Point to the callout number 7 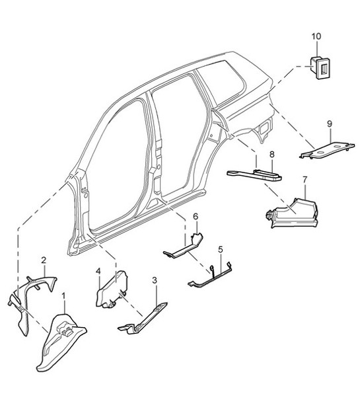[304, 180]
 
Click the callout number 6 [195, 216]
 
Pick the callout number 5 [221, 249]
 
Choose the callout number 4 [98, 272]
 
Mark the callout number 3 [154, 281]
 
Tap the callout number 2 [44, 260]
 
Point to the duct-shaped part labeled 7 [294, 209]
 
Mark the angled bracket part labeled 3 [145, 317]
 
